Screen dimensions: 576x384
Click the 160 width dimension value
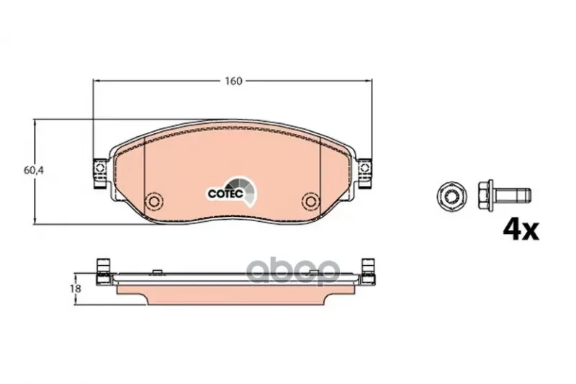pos(233,81)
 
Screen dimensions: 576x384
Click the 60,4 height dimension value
pos(34,171)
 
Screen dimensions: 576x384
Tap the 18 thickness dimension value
pos(76,288)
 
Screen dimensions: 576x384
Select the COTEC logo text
pos(225,193)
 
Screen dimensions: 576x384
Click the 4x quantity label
pos(521,230)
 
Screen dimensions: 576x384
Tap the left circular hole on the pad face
pos(153,201)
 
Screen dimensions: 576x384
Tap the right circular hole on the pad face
pos(311,201)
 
